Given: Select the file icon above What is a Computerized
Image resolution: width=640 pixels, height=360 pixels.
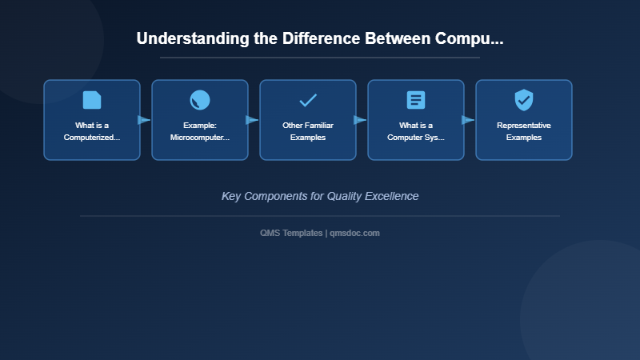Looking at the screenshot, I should pyautogui.click(x=92, y=100).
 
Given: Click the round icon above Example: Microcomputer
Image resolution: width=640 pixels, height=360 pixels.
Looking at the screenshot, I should pyautogui.click(x=200, y=100).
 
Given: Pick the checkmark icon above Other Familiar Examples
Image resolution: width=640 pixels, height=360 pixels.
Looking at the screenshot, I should pyautogui.click(x=308, y=100).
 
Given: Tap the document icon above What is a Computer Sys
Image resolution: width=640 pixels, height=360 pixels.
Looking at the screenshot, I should pyautogui.click(x=416, y=100).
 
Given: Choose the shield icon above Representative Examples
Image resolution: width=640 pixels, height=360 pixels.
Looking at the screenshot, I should pyautogui.click(x=524, y=100).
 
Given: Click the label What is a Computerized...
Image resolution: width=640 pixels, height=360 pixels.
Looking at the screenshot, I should pyautogui.click(x=92, y=131).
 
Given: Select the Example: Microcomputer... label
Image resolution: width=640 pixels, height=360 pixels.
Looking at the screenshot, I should pyautogui.click(x=200, y=131).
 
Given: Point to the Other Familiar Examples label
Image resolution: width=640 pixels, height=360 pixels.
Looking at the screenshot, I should pyautogui.click(x=308, y=131).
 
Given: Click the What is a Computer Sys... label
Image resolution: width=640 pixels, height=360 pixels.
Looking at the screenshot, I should pyautogui.click(x=416, y=131).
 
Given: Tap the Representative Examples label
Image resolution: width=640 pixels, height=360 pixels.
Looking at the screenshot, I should pyautogui.click(x=524, y=131).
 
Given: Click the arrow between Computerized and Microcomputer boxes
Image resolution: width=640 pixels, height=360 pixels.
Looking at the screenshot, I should pyautogui.click(x=144, y=120).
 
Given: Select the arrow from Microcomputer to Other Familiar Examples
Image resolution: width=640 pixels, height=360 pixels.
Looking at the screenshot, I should pyautogui.click(x=252, y=120).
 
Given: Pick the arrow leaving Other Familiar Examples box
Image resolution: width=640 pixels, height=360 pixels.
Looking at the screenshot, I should pyautogui.click(x=360, y=120).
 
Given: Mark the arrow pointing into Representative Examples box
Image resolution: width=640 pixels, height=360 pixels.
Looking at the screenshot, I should pyautogui.click(x=468, y=120).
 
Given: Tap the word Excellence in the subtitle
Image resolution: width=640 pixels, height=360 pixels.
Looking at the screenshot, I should pyautogui.click(x=393, y=196).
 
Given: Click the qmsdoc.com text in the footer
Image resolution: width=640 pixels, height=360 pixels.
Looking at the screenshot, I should pyautogui.click(x=354, y=233).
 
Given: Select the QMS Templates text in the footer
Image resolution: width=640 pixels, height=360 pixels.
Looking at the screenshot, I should pyautogui.click(x=291, y=233).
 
